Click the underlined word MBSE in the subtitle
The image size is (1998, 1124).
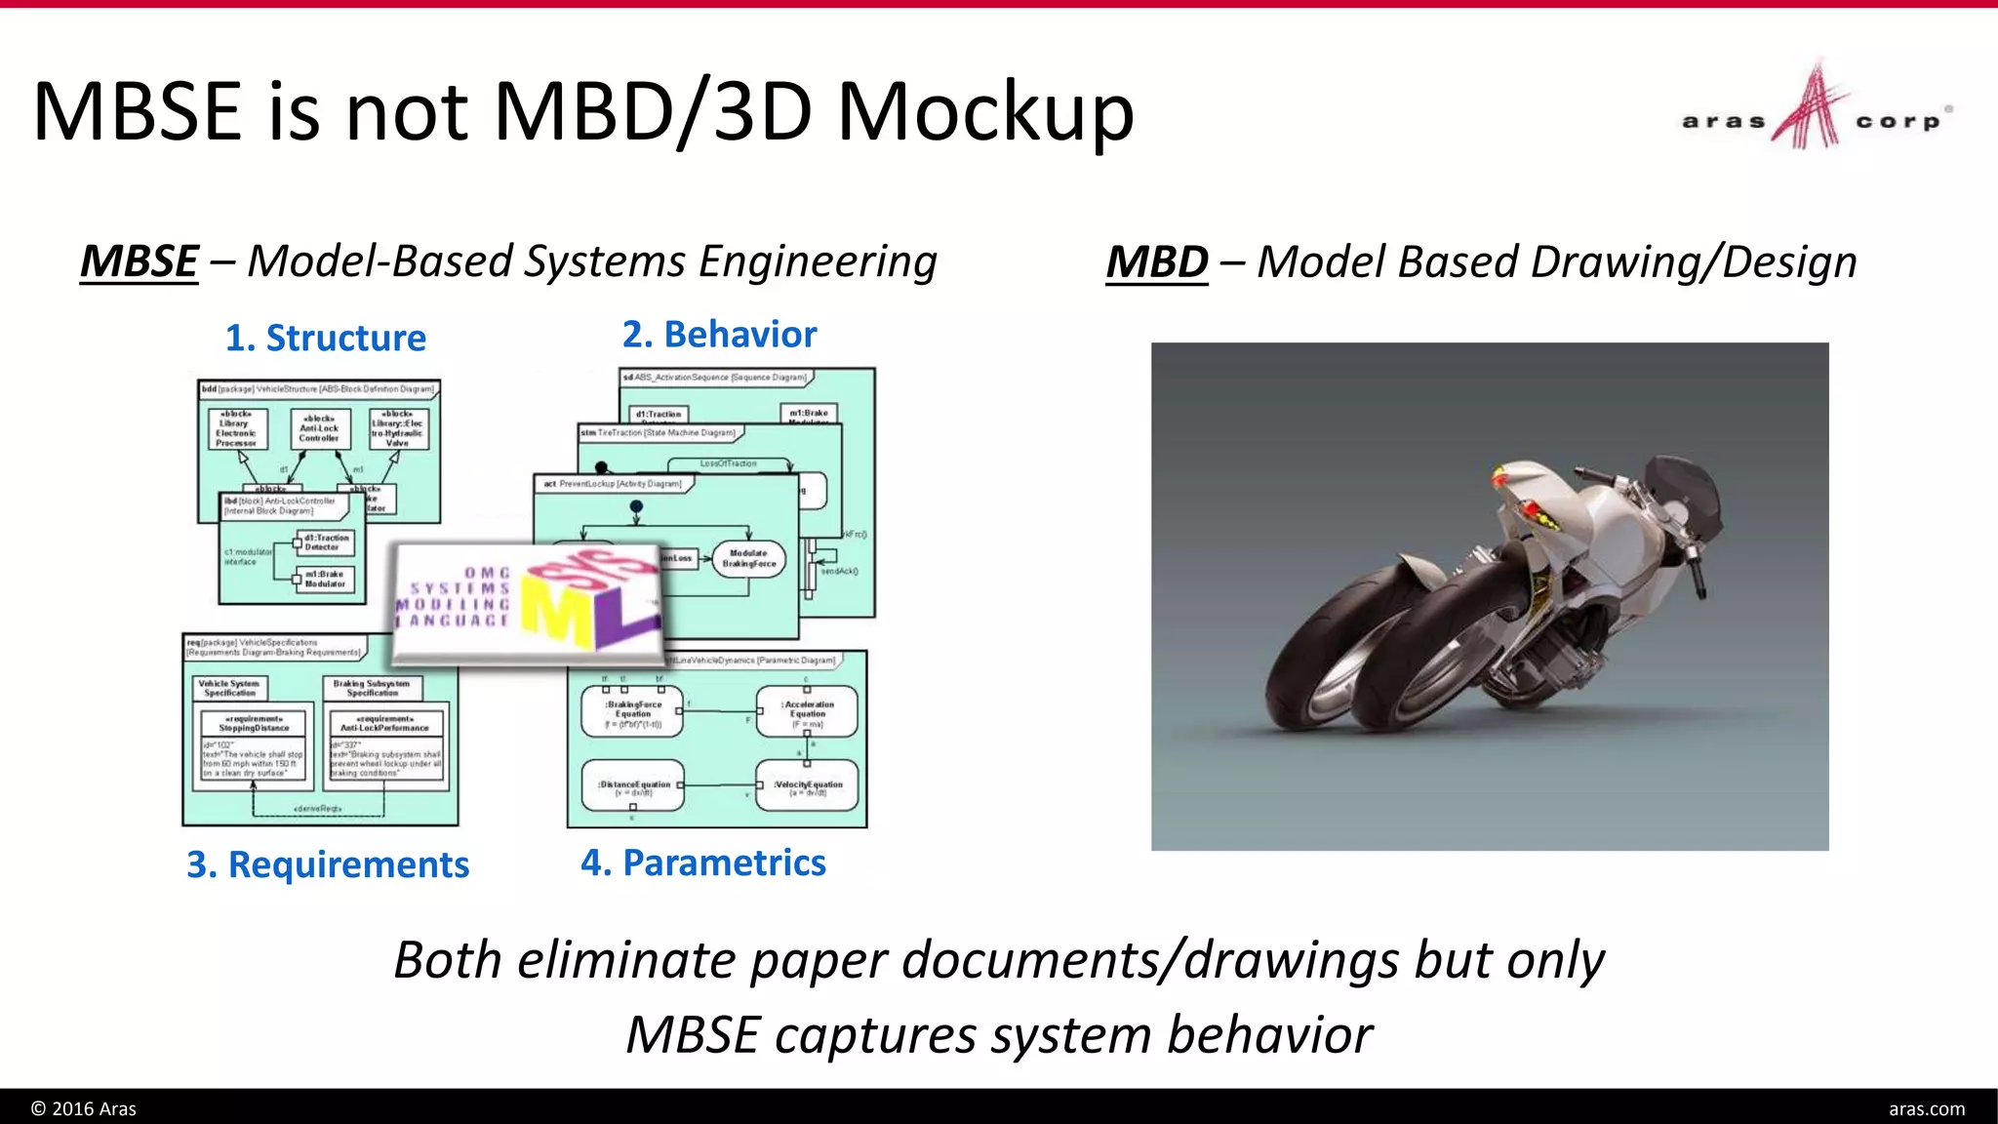[x=140, y=261]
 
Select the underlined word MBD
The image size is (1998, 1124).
[x=1156, y=262]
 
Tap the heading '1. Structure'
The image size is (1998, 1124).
[x=326, y=339]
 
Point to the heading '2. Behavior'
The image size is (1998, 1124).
[x=719, y=335]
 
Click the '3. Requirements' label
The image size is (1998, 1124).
[x=328, y=864]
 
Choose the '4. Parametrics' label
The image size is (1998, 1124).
[x=702, y=863]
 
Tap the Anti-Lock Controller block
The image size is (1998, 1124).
[x=319, y=427]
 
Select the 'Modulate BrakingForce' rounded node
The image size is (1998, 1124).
[x=748, y=559]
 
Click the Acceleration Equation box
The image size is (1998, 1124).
[x=808, y=712]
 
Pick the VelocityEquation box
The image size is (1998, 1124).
[x=808, y=787]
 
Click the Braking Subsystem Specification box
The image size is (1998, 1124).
[x=372, y=688]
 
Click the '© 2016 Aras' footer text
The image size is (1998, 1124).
[x=84, y=1108]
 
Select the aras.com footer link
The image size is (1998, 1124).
[x=1926, y=1108]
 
